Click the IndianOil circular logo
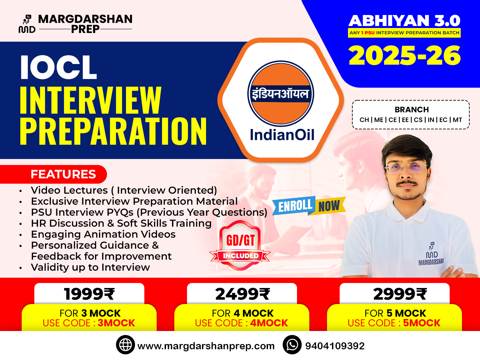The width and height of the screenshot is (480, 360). coord(281,94)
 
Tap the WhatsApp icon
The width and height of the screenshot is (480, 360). coord(292,345)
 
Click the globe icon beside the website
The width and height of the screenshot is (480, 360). coord(125,345)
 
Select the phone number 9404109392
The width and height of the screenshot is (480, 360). coord(335,346)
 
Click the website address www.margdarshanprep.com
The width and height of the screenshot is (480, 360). coord(206,346)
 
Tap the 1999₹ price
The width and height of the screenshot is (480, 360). coord(89,294)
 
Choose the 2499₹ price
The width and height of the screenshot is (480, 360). coord(242,294)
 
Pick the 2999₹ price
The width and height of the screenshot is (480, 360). coord(400,294)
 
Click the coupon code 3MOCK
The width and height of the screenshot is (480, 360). coord(116,323)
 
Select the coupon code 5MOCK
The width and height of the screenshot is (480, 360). coord(422,323)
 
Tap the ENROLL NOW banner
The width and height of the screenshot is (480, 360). coord(309,206)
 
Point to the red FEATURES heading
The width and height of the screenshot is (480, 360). coord(63,174)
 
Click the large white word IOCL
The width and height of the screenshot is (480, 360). coord(59,68)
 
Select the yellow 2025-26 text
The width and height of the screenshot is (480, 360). coord(405,56)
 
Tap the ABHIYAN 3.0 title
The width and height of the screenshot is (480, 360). coord(404,21)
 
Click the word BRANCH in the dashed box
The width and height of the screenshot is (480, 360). coord(412,110)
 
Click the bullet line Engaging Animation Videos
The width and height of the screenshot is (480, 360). coord(103,234)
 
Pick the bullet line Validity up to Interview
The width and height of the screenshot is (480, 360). coord(90,267)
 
